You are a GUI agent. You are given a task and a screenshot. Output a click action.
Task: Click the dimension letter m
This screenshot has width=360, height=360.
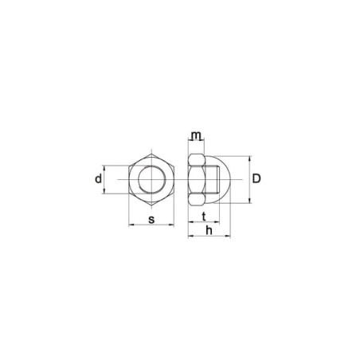tap(196, 135)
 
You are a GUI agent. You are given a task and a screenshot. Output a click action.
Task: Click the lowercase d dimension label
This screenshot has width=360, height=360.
tap(98, 179)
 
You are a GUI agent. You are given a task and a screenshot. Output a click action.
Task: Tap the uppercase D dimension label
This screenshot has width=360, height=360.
tap(256, 179)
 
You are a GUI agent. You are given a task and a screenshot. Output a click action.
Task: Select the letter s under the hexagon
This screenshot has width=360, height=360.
tap(151, 220)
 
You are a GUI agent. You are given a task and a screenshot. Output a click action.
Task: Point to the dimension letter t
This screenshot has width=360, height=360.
tap(204, 217)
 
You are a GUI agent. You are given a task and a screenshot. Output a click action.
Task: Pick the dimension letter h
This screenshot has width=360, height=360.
tap(209, 230)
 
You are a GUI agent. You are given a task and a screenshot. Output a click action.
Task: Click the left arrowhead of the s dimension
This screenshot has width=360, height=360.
tap(131, 225)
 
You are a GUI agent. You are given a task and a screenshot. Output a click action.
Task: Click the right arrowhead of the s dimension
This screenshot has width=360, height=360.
tap(171, 225)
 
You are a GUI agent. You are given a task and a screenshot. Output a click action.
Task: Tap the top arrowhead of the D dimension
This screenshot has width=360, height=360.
tap(250, 158)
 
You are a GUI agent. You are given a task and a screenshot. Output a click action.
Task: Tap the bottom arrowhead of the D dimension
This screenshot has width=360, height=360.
tap(250, 201)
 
